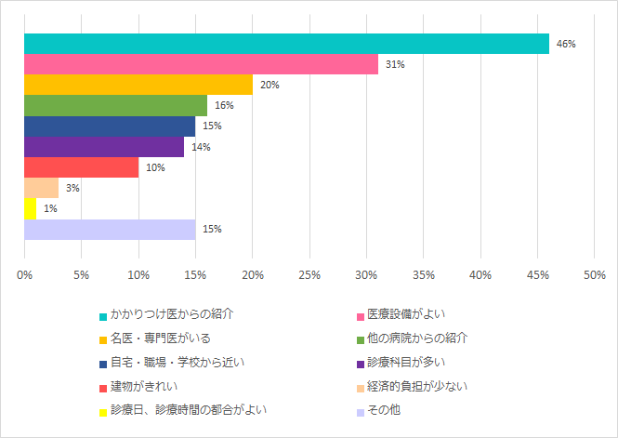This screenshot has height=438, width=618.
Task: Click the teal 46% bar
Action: [286, 44]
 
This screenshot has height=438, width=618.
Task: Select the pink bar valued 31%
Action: [201, 64]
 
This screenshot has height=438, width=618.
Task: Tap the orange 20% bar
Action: [138, 85]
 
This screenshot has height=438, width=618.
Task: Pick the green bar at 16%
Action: [115, 105]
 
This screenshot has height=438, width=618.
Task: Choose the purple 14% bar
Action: [104, 147]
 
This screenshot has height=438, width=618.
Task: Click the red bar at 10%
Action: [81, 167]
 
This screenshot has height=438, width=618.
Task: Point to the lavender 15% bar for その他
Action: [110, 229]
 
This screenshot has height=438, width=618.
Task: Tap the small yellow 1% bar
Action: [30, 208]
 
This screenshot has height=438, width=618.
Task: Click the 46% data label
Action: [566, 44]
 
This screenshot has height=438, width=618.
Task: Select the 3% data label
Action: [72, 188]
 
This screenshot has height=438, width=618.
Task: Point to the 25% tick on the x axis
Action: [309, 275]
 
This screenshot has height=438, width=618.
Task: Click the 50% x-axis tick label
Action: [594, 275]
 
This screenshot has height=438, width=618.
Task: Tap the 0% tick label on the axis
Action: [24, 275]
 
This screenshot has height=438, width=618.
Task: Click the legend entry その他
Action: [384, 409]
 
